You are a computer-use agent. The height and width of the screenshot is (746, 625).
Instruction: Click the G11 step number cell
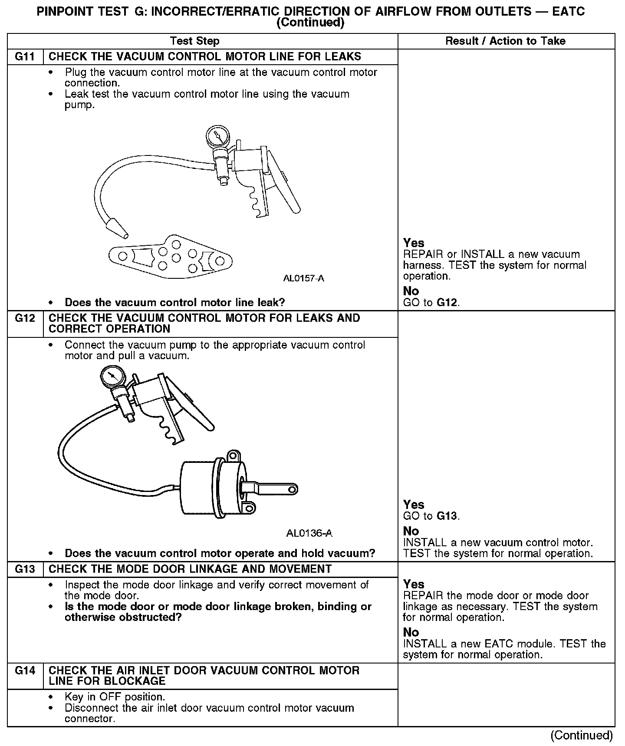tap(25, 57)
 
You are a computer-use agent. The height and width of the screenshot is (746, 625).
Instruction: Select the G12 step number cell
tap(25, 319)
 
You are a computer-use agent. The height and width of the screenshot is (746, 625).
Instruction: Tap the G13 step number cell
tap(25, 569)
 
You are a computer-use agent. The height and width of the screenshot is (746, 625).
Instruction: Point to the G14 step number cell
tap(25, 671)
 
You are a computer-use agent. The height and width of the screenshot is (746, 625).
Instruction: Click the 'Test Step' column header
tap(194, 41)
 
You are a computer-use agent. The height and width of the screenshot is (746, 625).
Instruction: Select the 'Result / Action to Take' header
tap(506, 41)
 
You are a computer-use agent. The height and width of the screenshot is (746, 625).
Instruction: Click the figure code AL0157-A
tap(303, 278)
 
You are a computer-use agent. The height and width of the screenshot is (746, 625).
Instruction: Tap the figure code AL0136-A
tap(309, 533)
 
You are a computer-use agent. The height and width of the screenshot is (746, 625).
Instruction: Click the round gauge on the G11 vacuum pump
tap(217, 136)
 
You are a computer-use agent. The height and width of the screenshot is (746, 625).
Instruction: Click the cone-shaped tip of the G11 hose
tap(116, 228)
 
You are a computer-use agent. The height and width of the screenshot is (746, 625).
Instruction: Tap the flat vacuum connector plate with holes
tap(170, 258)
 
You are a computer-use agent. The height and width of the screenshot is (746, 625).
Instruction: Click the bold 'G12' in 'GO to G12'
tap(447, 303)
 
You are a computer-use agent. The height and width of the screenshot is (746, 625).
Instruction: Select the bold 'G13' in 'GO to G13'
tap(447, 516)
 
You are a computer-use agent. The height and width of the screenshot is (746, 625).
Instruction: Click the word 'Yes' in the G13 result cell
tap(414, 584)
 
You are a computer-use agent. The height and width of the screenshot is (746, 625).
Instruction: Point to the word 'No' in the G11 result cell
tap(411, 291)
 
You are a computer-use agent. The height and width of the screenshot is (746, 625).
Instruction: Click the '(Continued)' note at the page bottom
tap(582, 735)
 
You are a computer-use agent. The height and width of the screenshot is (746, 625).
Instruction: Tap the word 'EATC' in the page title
tap(569, 12)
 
